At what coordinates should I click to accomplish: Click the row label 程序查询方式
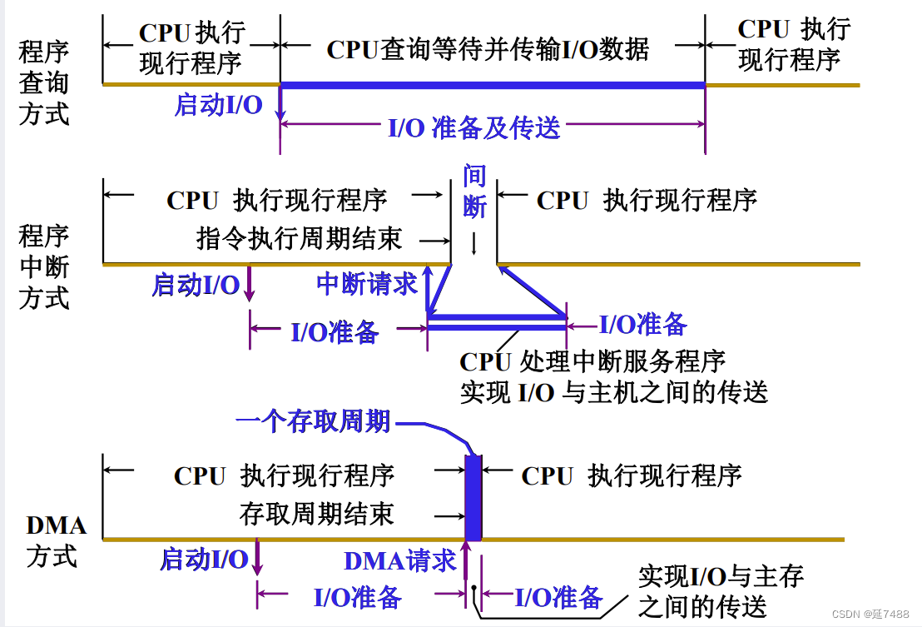43,82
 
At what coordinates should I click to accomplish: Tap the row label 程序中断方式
43,266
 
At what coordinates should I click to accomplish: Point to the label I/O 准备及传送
474,127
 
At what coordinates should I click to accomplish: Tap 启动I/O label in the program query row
218,105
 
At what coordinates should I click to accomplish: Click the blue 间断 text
474,192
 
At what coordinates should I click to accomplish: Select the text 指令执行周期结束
299,239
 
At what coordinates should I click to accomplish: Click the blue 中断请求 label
366,284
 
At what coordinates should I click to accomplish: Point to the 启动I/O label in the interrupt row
195,285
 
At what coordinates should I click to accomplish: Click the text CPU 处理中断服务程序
592,361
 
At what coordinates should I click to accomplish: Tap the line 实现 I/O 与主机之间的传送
613,392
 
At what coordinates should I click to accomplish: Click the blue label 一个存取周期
313,421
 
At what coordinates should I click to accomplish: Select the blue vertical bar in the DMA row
473,498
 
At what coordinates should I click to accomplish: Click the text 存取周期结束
316,514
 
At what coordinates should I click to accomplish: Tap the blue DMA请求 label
399,560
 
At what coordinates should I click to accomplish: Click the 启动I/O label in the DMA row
203,559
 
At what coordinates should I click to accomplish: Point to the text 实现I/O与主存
721,575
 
